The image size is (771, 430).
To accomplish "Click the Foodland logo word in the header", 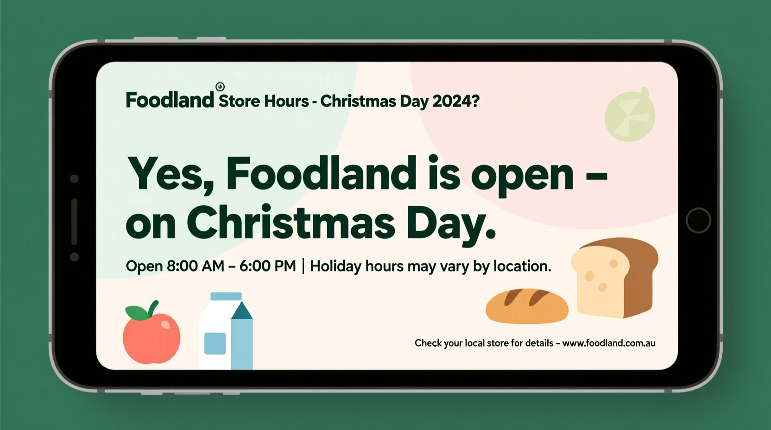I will click(170, 100).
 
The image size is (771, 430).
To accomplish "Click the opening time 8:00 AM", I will click(195, 266).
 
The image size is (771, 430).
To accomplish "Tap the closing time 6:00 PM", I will click(268, 266).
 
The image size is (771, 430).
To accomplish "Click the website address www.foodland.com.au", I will click(609, 343).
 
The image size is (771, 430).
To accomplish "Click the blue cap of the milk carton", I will click(226, 297).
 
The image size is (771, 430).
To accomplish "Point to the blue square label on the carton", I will click(215, 343).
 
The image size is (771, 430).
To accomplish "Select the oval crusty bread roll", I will click(527, 306).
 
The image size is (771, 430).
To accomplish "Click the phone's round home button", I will click(698, 220).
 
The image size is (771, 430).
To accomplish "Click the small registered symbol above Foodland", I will click(220, 87).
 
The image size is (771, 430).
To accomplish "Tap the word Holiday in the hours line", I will click(335, 266).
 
